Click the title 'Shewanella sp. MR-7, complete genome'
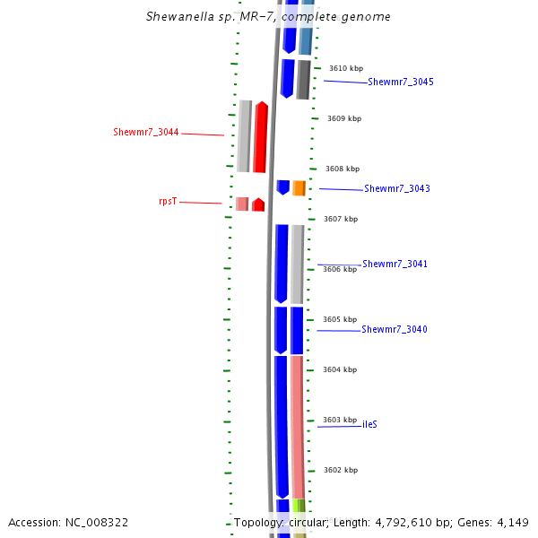[x=268, y=17]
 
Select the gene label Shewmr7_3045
[x=401, y=82]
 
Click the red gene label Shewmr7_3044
[x=146, y=133]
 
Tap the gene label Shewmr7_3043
[x=397, y=189]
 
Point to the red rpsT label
[x=168, y=202]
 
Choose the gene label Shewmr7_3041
[x=395, y=265]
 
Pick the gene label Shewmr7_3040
[x=395, y=330]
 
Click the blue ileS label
[x=369, y=424]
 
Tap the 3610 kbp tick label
[x=345, y=68]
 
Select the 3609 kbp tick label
[x=343, y=118]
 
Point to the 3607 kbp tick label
[x=340, y=219]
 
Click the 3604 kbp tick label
[x=340, y=369]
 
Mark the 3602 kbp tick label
[x=341, y=470]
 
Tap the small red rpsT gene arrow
[x=258, y=204]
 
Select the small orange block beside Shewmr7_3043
[x=299, y=188]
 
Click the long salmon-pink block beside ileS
[x=296, y=426]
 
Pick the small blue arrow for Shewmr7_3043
[x=282, y=187]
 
